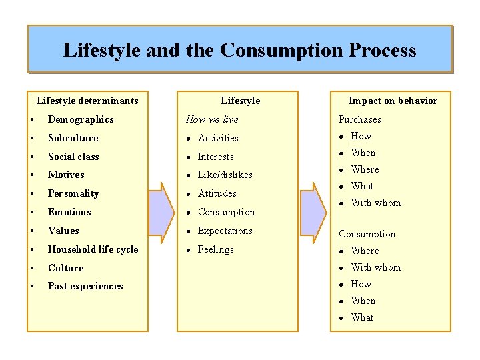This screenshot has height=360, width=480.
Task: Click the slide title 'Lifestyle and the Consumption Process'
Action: click(239, 50)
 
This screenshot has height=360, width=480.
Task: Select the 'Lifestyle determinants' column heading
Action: click(87, 101)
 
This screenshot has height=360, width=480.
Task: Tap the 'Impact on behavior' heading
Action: click(393, 101)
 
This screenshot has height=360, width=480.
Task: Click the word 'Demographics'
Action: click(81, 119)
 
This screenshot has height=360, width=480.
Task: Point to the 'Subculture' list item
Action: click(73, 138)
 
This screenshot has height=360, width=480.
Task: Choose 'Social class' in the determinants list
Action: click(73, 157)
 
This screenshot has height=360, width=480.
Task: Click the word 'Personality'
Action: click(73, 193)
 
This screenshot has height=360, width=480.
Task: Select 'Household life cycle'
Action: click(93, 249)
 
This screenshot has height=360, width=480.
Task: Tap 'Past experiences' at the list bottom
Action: click(85, 286)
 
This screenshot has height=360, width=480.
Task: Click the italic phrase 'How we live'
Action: click(211, 119)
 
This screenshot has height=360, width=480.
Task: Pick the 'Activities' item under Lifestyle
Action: click(218, 138)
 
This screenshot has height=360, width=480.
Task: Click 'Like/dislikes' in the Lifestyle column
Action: click(225, 175)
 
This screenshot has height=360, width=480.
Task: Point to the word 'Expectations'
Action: click(225, 231)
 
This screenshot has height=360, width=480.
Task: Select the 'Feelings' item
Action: click(215, 249)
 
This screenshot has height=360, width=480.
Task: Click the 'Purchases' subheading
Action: click(359, 119)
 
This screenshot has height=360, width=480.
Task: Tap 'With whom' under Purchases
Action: click(375, 203)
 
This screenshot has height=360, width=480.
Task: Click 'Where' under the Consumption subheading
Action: click(365, 251)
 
